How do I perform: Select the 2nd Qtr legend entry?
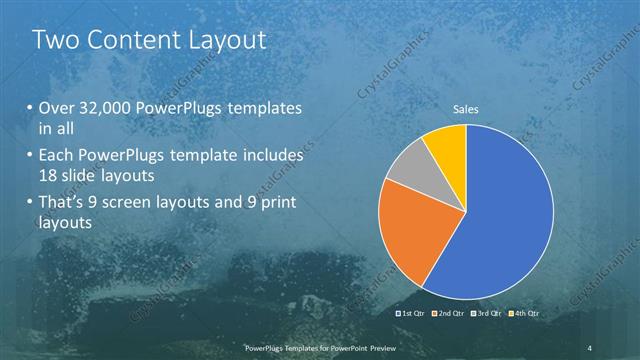tap(452, 314)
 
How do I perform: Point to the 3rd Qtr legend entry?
tap(490, 314)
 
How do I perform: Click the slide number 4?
tap(591, 347)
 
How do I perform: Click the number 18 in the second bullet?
tap(48, 176)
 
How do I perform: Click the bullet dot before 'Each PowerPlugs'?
tap(29, 156)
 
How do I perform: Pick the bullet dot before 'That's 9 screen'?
tap(29, 204)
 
